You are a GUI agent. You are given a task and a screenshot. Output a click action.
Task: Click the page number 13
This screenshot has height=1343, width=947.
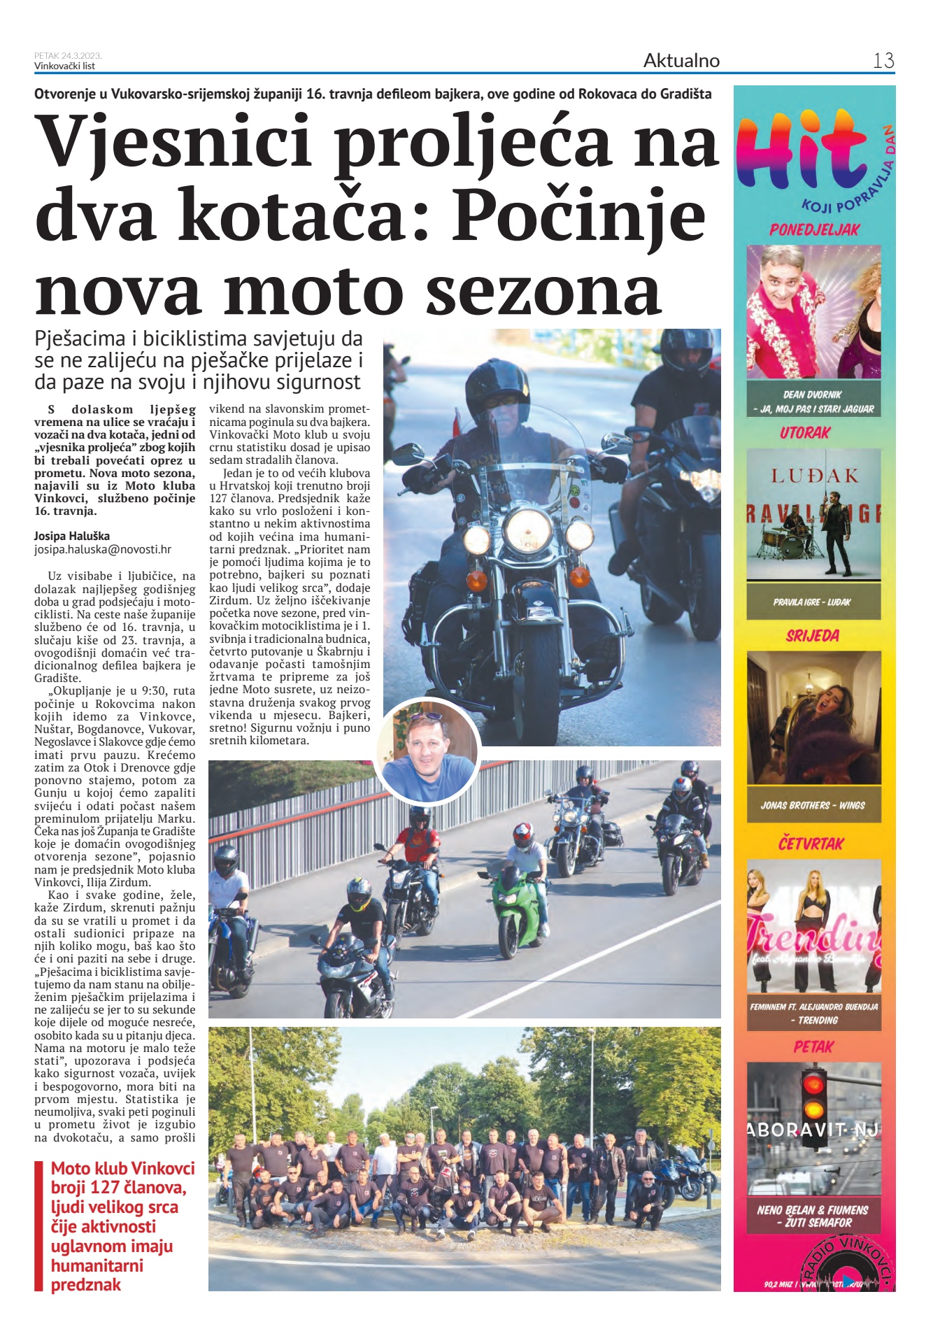pyautogui.click(x=883, y=61)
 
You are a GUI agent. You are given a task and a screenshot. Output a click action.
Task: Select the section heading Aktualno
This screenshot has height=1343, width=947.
pyautogui.click(x=681, y=61)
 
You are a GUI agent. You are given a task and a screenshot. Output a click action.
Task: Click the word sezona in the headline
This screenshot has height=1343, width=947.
pyautogui.click(x=543, y=288)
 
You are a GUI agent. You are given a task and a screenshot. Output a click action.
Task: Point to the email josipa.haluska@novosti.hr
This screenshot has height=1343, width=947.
pyautogui.click(x=103, y=550)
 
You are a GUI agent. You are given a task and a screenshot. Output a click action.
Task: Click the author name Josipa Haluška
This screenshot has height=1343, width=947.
pyautogui.click(x=72, y=537)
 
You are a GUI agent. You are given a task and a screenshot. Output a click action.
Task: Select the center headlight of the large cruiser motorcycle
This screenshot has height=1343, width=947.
pyautogui.click(x=528, y=530)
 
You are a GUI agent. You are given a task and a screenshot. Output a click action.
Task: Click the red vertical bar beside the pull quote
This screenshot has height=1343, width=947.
pyautogui.click(x=38, y=1225)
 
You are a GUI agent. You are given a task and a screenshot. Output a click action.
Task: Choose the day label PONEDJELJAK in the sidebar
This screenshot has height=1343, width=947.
pyautogui.click(x=814, y=229)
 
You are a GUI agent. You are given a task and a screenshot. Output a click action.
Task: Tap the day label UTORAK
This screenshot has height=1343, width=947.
pyautogui.click(x=804, y=433)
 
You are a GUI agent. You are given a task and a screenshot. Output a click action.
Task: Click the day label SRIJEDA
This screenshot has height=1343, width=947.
pyautogui.click(x=812, y=636)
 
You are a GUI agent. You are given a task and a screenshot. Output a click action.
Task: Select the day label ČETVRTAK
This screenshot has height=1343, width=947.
pyautogui.click(x=811, y=844)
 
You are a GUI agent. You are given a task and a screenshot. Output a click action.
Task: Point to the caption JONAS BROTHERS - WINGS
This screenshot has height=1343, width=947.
pyautogui.click(x=813, y=805)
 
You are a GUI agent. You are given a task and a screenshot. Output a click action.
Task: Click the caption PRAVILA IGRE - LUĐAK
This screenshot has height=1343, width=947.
pyautogui.click(x=812, y=602)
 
